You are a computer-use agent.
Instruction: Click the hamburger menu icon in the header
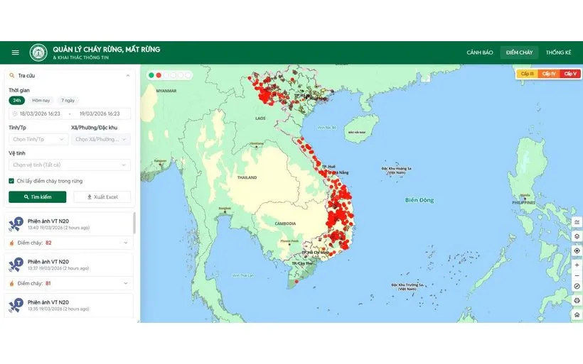tap(16, 53)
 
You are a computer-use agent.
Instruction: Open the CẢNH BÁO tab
tap(480, 53)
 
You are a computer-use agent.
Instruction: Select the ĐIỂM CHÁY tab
tap(519, 53)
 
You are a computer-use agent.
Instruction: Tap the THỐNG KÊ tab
tap(558, 53)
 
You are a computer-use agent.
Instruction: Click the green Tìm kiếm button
tap(38, 197)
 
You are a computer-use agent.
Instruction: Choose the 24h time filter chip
tap(17, 100)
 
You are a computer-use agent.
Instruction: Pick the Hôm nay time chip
tap(41, 100)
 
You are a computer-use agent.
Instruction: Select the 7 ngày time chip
tap(68, 100)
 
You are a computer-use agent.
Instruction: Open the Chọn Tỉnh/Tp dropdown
tap(38, 139)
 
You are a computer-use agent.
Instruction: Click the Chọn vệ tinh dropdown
tap(70, 165)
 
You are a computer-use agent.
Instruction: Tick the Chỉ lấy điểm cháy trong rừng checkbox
tap(11, 181)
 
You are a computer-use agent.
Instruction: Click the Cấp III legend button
tap(527, 74)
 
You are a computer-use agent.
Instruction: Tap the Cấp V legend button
tap(570, 74)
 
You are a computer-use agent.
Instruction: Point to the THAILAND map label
tap(247, 177)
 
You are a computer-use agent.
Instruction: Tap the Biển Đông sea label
tap(419, 200)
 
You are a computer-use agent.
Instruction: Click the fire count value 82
tap(48, 243)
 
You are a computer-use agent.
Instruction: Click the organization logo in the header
tap(38, 53)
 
